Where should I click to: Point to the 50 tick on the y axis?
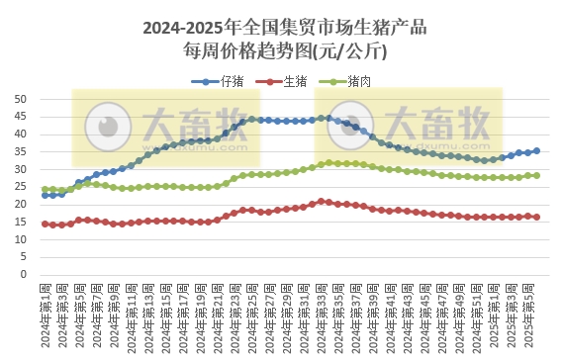coord(20,99)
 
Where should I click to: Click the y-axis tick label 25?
coord(20,186)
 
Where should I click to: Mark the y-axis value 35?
coord(20,151)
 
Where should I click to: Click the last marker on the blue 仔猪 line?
coord(536,150)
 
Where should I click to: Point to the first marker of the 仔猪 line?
coord(45,195)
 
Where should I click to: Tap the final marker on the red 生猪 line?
coord(536,217)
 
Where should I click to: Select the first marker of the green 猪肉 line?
coord(45,189)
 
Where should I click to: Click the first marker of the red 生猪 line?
coord(45,224)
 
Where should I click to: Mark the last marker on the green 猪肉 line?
coord(536,175)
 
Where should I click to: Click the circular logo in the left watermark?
coord(107,127)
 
